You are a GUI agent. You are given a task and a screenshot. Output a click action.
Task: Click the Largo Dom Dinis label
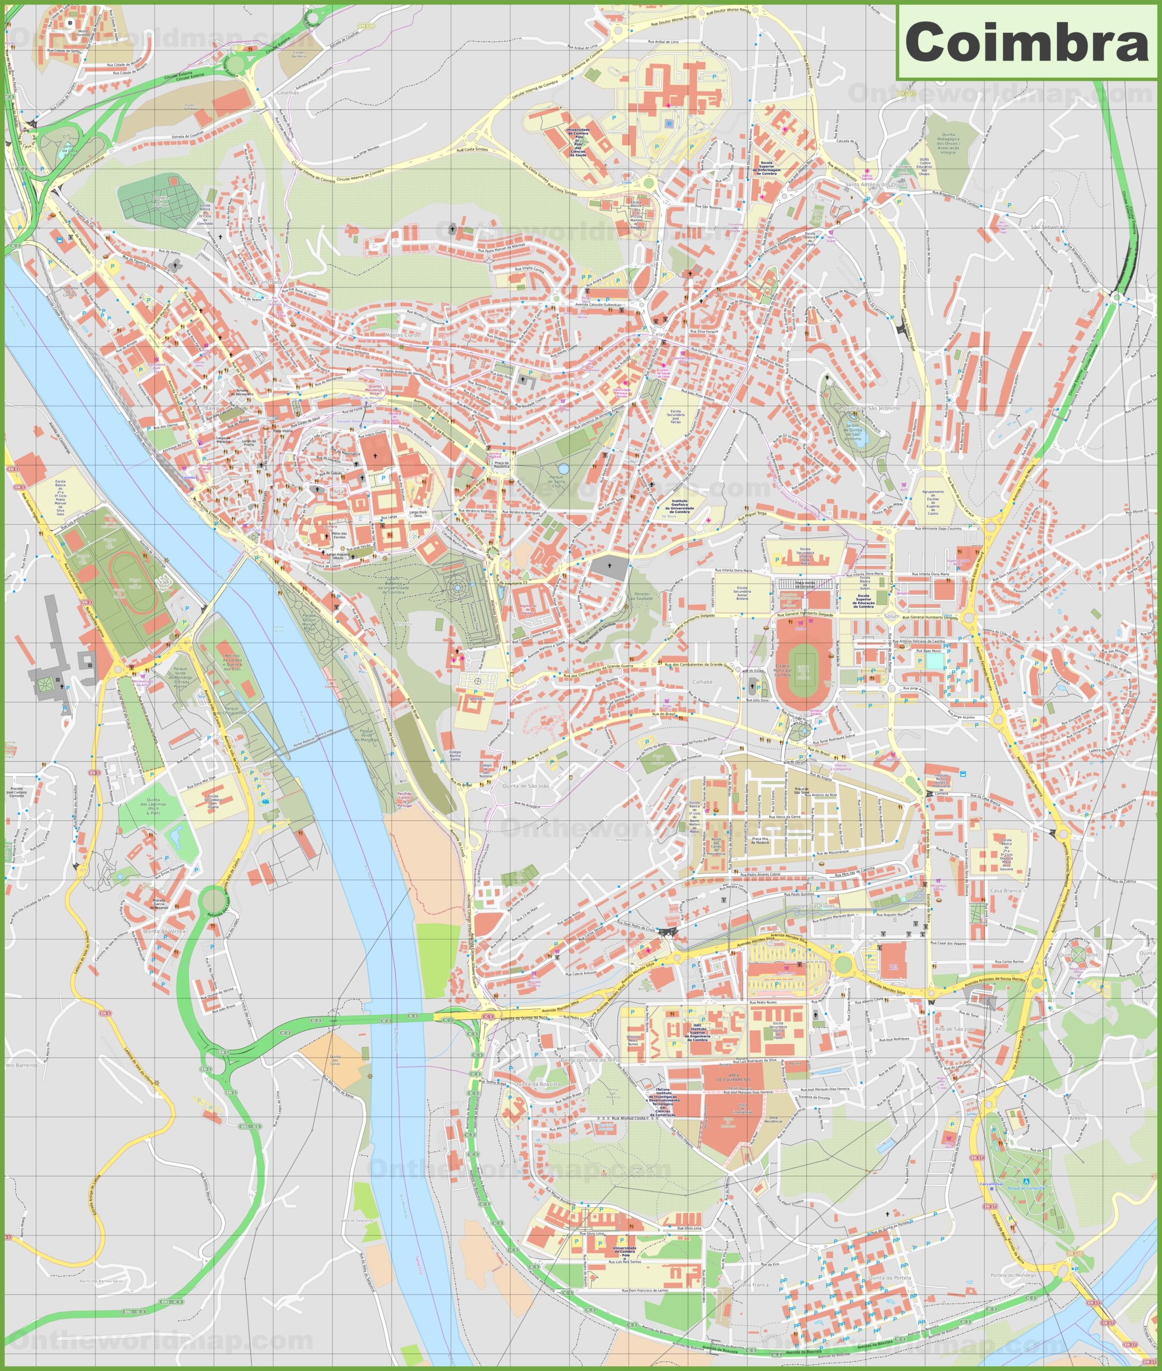coord(418,514)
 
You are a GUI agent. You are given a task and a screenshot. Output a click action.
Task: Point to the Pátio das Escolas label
coord(338,535)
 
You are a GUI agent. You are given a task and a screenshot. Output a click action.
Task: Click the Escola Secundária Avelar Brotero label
coord(742,593)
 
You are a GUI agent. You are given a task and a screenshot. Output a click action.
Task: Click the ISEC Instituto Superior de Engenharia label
coord(698,1031)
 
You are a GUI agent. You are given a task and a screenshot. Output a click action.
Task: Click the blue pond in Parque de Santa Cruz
coord(563,469)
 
